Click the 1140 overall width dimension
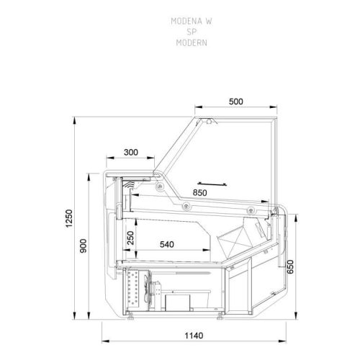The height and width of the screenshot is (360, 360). (194, 336)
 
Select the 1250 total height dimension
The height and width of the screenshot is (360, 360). (69, 218)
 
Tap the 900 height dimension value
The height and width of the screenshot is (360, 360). (84, 246)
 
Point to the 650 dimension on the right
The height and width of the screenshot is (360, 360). (290, 266)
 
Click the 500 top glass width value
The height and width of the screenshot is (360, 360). (236, 102)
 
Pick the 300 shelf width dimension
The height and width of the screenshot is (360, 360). (131, 152)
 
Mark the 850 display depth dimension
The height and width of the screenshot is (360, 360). (199, 193)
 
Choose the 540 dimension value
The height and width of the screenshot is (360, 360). (167, 244)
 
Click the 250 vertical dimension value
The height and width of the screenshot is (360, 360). (130, 238)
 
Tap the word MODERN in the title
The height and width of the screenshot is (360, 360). (192, 42)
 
